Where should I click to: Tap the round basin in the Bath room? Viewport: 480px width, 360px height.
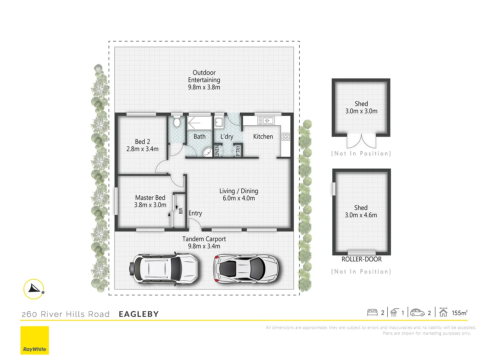pos(207,152)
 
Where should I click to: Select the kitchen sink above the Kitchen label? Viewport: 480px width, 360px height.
pos(266,121)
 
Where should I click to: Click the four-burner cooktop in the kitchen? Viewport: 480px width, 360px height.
pos(286,136)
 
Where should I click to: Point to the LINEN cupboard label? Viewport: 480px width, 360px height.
pos(217,151)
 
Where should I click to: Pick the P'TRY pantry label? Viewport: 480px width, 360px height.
pos(238,151)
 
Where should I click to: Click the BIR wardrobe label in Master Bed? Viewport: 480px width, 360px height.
pos(181,211)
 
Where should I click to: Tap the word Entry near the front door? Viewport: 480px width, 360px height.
pos(195,213)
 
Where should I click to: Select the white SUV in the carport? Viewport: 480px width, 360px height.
pos(165,269)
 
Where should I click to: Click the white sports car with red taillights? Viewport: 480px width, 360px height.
pos(246,269)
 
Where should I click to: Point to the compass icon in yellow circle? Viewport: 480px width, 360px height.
pos(34,289)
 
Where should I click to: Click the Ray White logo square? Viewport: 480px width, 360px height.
pos(35,340)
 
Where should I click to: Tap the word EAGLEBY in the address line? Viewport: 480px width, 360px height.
pos(139,314)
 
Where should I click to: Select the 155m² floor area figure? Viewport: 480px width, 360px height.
pos(459,313)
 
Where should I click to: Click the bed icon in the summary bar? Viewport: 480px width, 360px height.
pos(372,312)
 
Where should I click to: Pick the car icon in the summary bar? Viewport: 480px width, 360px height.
pos(417,313)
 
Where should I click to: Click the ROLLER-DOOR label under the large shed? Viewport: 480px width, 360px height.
pos(361,259)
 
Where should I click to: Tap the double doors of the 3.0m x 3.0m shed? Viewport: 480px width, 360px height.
pos(361,142)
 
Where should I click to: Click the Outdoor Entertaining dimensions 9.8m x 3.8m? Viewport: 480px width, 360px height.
pos(204,87)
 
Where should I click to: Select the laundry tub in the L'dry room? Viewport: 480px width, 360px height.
pos(219,122)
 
